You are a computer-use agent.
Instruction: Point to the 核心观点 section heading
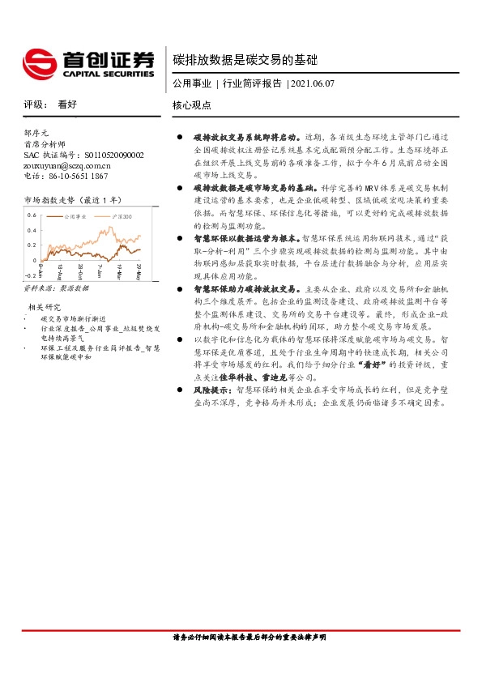[x=192, y=105]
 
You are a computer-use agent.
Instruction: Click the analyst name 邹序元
[x=36, y=132]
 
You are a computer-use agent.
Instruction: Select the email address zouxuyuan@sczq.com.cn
[x=66, y=164]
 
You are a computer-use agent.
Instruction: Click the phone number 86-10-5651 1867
[x=73, y=176]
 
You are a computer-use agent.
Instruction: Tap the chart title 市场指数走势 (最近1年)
[x=74, y=199]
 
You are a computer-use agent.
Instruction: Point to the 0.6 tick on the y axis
[x=32, y=215]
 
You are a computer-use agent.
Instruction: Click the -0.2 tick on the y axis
[x=30, y=276]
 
